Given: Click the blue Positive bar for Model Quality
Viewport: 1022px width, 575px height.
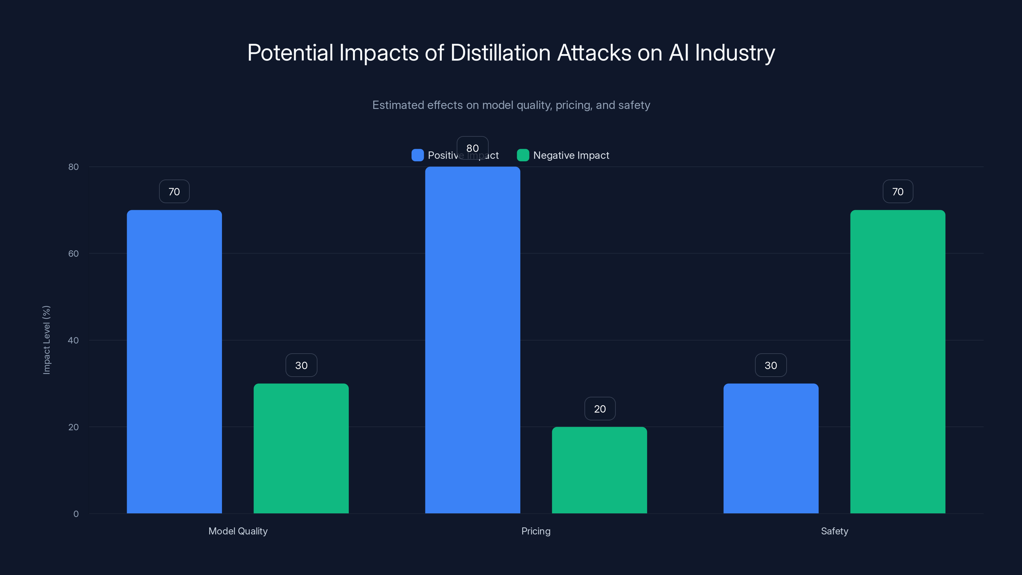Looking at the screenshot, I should pyautogui.click(x=174, y=361).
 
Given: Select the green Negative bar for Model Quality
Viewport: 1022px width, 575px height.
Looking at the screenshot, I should pyautogui.click(x=301, y=448).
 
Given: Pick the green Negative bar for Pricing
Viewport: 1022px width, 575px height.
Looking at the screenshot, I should pyautogui.click(x=599, y=470).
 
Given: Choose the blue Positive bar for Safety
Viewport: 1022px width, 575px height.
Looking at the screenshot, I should pyautogui.click(x=771, y=448).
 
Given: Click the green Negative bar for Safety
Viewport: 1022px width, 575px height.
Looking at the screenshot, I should pyautogui.click(x=898, y=361).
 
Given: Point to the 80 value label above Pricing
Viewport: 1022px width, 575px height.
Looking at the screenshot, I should pyautogui.click(x=473, y=148).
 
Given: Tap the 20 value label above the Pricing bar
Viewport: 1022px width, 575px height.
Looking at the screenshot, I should pyautogui.click(x=600, y=409).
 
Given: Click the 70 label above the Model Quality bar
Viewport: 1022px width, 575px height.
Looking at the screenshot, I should pyautogui.click(x=174, y=192).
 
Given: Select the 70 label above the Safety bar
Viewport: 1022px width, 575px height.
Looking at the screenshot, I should pyautogui.click(x=898, y=192).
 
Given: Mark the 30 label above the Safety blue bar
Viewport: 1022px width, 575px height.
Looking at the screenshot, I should pyautogui.click(x=771, y=365).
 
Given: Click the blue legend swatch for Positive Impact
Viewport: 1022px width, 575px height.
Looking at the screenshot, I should pyautogui.click(x=418, y=155).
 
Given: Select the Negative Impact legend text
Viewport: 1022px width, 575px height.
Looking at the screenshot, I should pyautogui.click(x=571, y=155).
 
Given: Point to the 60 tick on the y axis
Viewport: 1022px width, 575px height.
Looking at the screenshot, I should pyautogui.click(x=73, y=254).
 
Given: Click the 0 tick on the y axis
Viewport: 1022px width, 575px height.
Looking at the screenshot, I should pyautogui.click(x=76, y=514).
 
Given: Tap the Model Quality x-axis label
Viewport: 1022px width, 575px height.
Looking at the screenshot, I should pyautogui.click(x=238, y=531).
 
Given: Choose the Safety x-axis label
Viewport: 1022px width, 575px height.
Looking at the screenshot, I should pyautogui.click(x=834, y=531).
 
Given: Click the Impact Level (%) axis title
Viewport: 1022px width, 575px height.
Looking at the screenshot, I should pyautogui.click(x=46, y=340).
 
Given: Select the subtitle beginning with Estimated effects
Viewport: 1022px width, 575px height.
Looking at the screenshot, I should pyautogui.click(x=511, y=105).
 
